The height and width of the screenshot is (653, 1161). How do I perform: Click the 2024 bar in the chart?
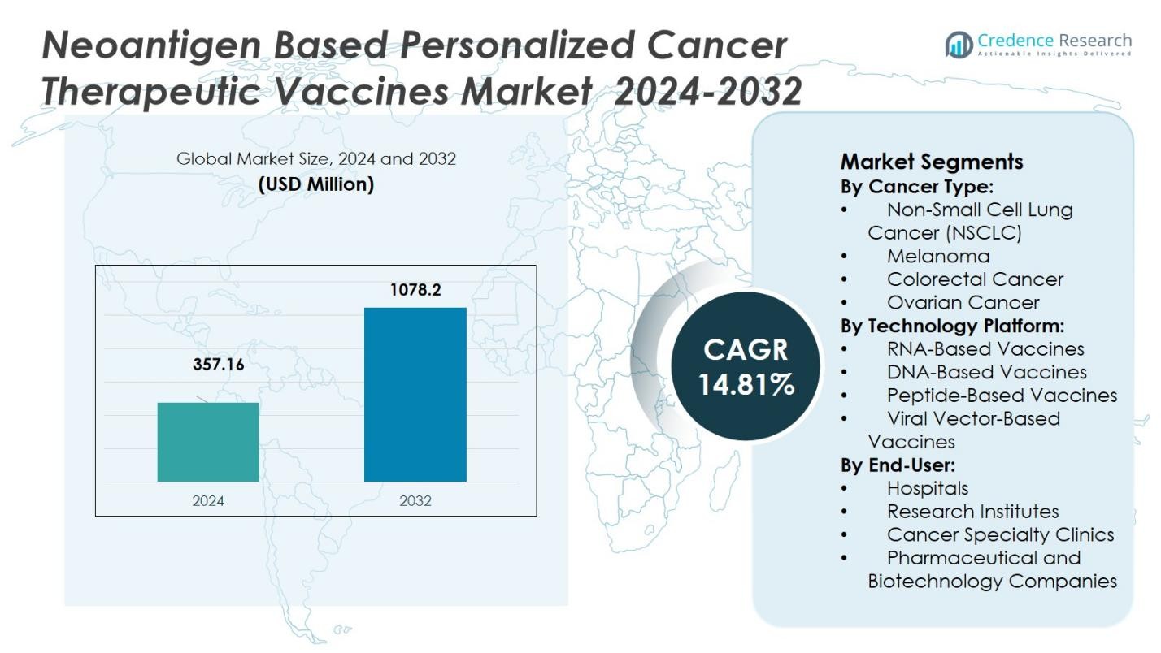point(208,442)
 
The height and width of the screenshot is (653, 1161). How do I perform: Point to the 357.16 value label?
point(218,365)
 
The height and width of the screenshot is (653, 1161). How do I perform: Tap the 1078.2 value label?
point(415,290)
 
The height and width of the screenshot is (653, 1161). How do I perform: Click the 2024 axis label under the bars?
point(208,500)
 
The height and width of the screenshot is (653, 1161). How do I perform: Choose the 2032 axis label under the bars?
point(415,500)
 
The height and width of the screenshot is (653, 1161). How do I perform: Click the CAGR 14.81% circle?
point(746,366)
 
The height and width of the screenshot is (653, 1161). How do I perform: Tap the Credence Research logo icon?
point(959,45)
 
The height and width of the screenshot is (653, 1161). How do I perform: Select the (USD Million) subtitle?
point(315,184)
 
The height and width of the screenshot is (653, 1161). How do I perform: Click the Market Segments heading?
point(932,161)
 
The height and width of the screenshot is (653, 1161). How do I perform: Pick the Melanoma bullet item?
point(938,256)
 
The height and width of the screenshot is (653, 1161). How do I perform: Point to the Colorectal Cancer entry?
point(975,279)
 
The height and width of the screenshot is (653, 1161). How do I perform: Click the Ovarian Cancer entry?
point(963,303)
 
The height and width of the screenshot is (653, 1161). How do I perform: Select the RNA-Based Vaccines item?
point(985,349)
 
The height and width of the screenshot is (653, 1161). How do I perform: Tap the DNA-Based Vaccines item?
point(986,372)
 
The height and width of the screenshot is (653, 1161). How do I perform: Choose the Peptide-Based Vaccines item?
point(1002,396)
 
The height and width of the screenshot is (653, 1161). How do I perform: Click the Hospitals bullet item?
point(928,488)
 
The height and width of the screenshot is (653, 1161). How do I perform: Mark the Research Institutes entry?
point(972,512)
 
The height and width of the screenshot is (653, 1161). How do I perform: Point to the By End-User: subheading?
point(898,465)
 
